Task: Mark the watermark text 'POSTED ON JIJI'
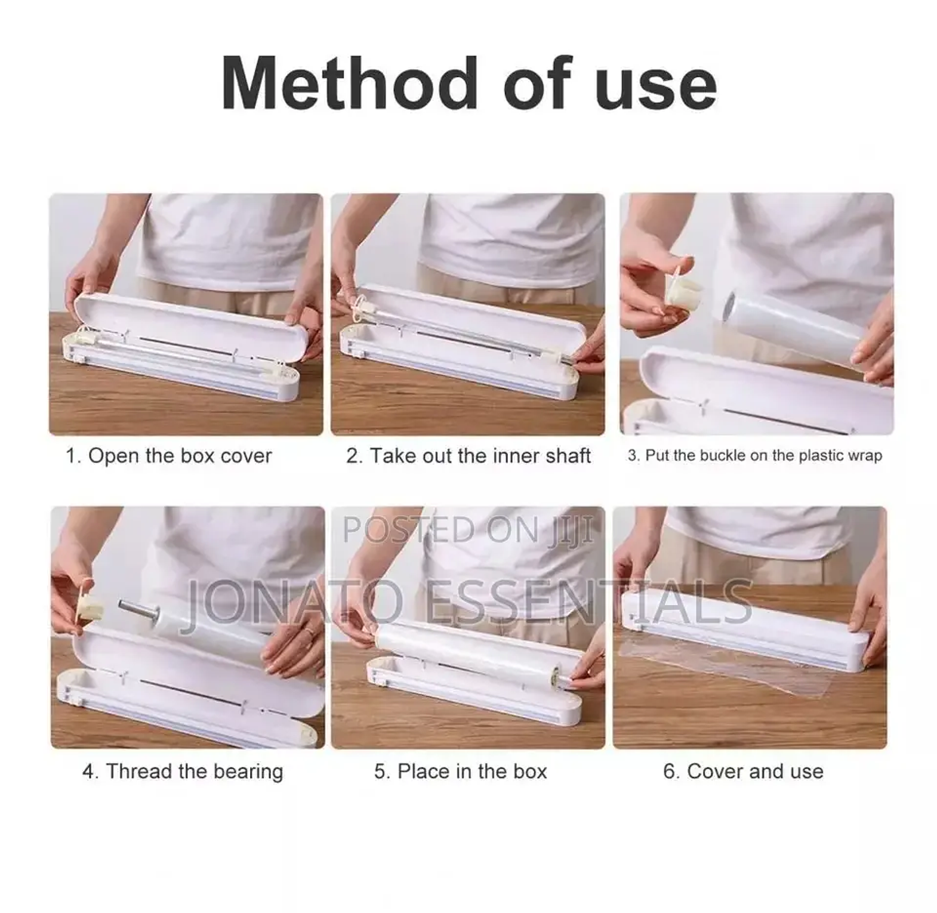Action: click(x=468, y=529)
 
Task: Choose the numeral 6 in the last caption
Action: click(x=669, y=771)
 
